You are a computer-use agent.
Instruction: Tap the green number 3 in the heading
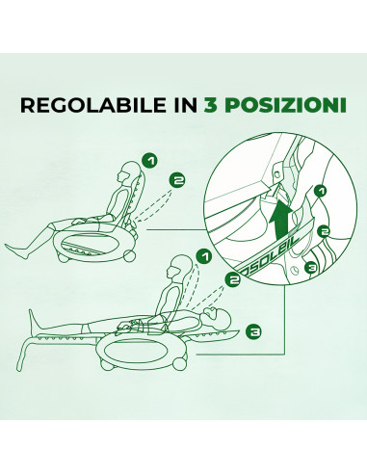[211, 104]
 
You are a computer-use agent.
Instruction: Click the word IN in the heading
[180, 104]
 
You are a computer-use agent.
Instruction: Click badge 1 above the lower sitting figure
[202, 257]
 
